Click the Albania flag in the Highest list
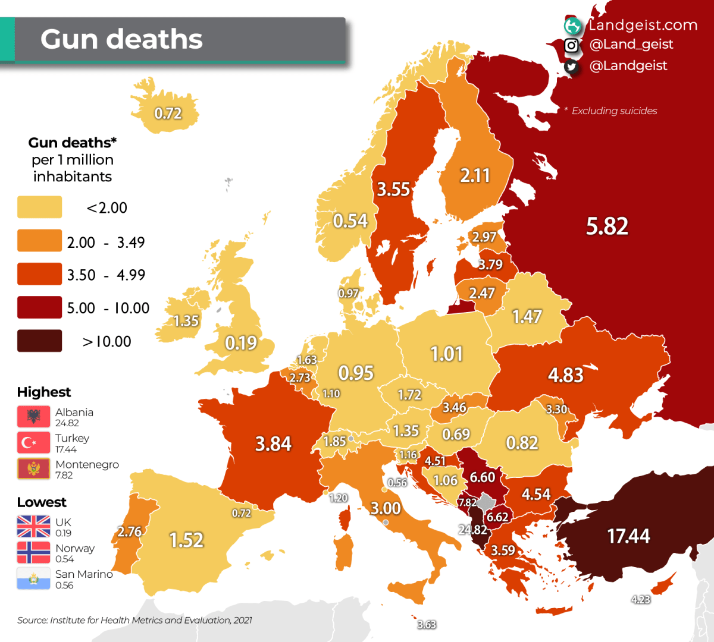[x=33, y=417]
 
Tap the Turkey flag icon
[x=33, y=443]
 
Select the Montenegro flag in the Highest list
[x=33, y=469]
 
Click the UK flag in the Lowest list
[x=33, y=527]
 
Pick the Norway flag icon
[x=33, y=552]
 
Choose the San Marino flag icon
[x=33, y=578]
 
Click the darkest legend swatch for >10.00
[x=39, y=341]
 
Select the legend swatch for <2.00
[x=39, y=207]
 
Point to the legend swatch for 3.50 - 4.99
[x=39, y=275]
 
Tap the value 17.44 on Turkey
[x=628, y=536]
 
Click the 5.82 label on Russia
[x=607, y=226]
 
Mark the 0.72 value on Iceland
[x=168, y=114]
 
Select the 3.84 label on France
[x=273, y=444]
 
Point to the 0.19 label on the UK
[x=241, y=343]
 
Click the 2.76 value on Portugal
[x=130, y=531]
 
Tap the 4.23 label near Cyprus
[x=640, y=599]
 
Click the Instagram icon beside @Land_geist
[x=571, y=45]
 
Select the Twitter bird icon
[x=571, y=66]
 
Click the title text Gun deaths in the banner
[x=121, y=39]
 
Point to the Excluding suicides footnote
[x=613, y=111]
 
